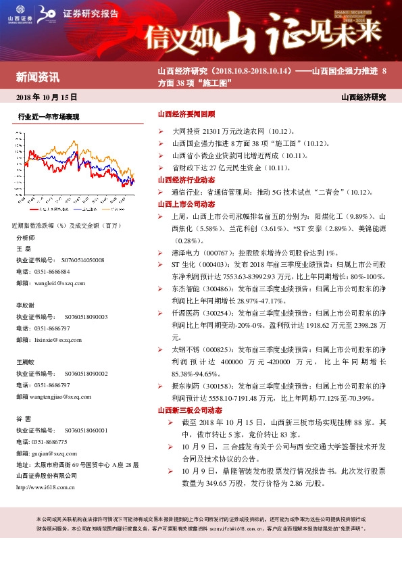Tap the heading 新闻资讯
[x=38, y=76]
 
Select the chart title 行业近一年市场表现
[x=49, y=117]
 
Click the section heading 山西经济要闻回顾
[x=186, y=115]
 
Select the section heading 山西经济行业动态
[x=186, y=180]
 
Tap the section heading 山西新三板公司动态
[x=189, y=410]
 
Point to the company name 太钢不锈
[x=185, y=349]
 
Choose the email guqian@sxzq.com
[x=55, y=455]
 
